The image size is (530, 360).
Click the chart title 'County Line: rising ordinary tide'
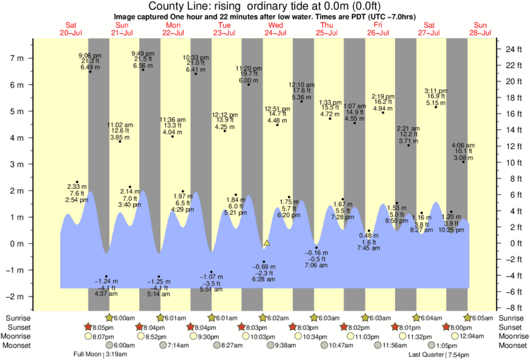coord(265,6)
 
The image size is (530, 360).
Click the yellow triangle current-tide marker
coord(267,243)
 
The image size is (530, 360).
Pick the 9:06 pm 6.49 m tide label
coord(90,61)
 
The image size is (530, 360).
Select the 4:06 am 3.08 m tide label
coord(463,152)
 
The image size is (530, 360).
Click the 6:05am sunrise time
coord(481,318)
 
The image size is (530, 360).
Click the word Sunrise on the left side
coord(19,318)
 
